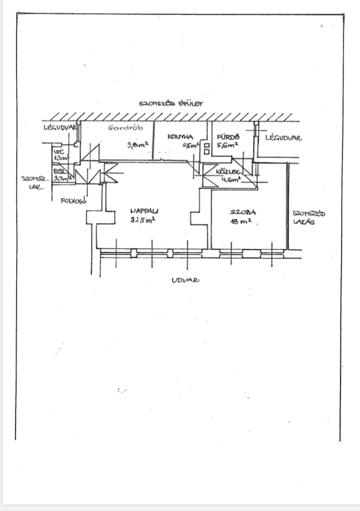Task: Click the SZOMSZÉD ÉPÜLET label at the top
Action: point(171,104)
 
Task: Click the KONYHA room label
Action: point(180,136)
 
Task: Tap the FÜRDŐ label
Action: point(228,136)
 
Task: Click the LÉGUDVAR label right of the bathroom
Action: point(283,137)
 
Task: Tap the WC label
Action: point(59,150)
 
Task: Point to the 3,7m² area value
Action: point(63,177)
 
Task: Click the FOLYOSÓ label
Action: point(74,201)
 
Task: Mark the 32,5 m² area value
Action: point(142,220)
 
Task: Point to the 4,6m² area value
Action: point(230,178)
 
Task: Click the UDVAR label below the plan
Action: point(185,280)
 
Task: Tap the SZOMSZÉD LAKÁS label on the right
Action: point(308,217)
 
